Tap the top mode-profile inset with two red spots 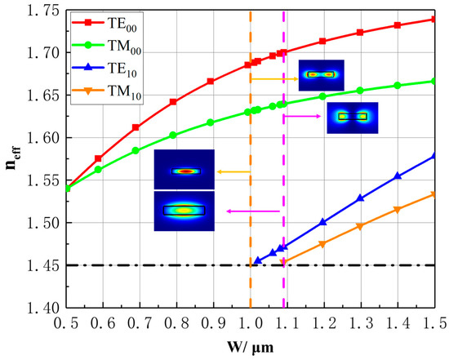pyautogui.click(x=321, y=74)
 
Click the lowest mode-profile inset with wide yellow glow pyautogui.click(x=184, y=211)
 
